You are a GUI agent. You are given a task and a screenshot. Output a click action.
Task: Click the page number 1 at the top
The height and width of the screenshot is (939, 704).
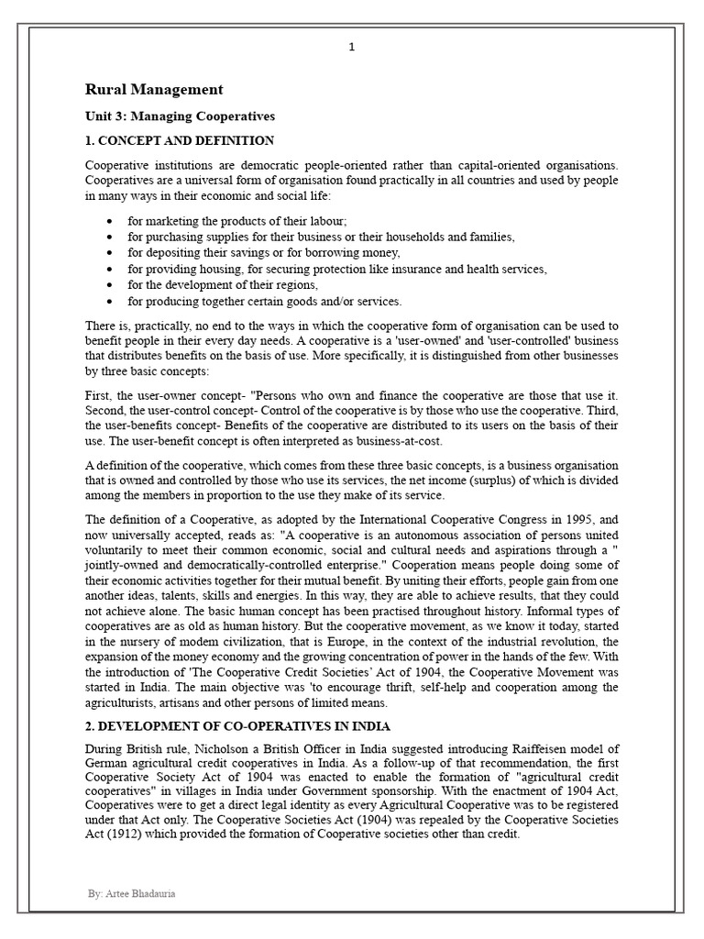click(x=351, y=48)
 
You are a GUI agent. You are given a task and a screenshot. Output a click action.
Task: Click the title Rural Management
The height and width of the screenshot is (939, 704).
click(x=153, y=89)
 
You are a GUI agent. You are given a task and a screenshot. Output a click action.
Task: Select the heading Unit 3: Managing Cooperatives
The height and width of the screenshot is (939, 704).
click(x=180, y=116)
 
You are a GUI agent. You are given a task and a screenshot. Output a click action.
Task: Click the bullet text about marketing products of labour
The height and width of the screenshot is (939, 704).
click(x=236, y=221)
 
